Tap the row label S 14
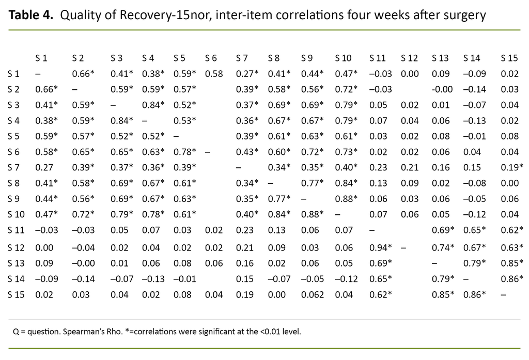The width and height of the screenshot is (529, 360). (x=14, y=279)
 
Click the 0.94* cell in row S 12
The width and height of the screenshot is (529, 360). (x=380, y=247)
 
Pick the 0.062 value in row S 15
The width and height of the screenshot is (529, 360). (x=313, y=295)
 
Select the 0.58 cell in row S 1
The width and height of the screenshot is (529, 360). (x=213, y=74)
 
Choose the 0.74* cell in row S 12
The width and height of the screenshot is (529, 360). (x=444, y=247)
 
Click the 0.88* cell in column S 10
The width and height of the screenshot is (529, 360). (x=346, y=198)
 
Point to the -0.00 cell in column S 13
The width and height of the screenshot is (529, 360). (x=442, y=89)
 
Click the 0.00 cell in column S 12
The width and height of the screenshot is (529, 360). (x=409, y=74)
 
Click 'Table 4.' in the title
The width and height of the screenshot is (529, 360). (x=30, y=15)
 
